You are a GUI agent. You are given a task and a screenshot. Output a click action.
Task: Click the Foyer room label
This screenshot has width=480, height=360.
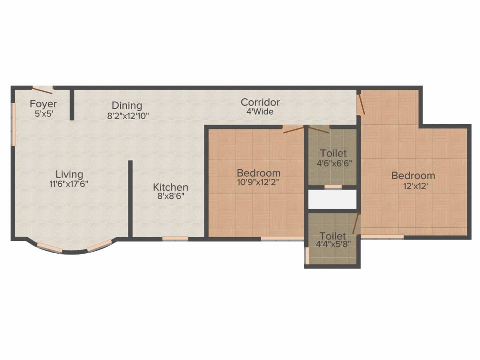tap(43, 104)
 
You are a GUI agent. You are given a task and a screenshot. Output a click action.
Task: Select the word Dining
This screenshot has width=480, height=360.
tap(127, 105)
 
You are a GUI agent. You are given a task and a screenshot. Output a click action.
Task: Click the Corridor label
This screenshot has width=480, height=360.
tap(260, 102)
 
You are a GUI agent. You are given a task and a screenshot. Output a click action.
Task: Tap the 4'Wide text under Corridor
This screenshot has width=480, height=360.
tap(260, 112)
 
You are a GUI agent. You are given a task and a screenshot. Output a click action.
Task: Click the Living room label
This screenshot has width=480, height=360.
tap(69, 174)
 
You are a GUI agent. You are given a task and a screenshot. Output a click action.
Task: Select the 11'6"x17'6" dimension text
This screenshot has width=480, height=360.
tap(69, 184)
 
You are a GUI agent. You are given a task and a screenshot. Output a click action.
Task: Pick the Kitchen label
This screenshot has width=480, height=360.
tap(171, 187)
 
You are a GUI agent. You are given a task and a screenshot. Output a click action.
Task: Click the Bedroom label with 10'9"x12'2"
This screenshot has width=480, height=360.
tap(258, 173)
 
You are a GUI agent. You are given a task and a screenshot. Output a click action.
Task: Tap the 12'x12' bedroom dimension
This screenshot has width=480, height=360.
tap(413, 185)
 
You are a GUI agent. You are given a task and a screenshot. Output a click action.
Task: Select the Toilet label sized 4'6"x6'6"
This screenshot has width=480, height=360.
tap(333, 153)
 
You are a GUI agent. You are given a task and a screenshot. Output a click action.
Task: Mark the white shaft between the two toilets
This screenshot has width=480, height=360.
tap(333, 200)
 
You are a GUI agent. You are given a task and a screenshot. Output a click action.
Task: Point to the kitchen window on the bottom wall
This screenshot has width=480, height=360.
tap(175, 239)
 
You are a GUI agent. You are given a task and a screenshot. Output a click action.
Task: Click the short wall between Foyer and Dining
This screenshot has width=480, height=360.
tap(72, 105)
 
